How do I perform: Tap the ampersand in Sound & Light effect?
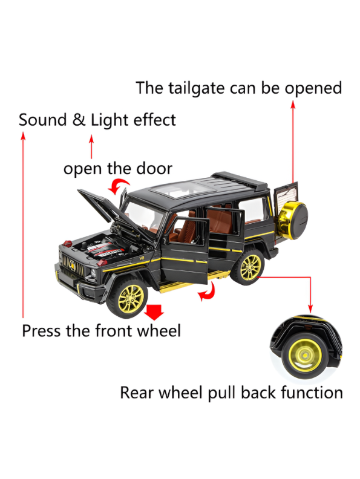pos(79,120)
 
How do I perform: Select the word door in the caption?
pos(154,168)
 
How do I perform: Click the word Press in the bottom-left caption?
pos(41,331)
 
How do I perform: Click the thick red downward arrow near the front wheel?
pos(154,311)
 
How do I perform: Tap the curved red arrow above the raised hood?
pos(118,186)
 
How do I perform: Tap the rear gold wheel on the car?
pos(249,267)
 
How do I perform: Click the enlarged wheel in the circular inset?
pos(304,355)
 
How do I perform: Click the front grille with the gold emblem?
pos(73,265)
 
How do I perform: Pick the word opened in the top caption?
pos(313,89)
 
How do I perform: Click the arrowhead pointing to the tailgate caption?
pos(293,105)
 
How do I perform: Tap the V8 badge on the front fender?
pos(142,258)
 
